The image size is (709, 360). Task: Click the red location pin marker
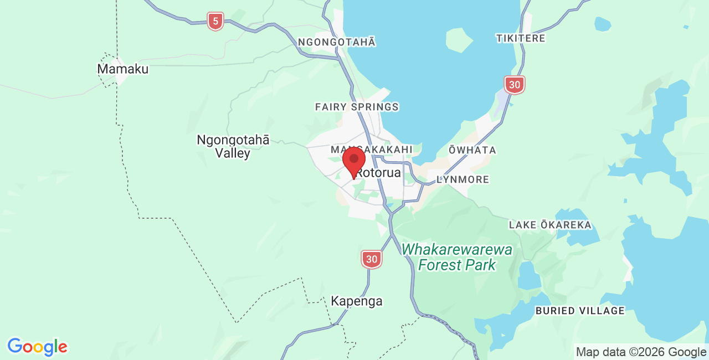354,161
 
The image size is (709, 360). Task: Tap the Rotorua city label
379,173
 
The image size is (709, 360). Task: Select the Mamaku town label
123,69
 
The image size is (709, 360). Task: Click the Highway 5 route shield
215,22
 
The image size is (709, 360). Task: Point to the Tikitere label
521,38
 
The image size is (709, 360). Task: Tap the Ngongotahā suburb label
337,42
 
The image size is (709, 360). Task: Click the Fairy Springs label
357,107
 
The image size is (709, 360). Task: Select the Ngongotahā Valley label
233,147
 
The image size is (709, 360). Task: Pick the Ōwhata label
472,150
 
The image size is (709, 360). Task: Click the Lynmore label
463,179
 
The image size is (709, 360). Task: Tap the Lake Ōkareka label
550,225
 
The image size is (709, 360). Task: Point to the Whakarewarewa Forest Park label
457,257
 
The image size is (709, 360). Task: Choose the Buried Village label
580,311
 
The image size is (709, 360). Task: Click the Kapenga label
357,301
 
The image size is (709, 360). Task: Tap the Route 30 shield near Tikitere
515,85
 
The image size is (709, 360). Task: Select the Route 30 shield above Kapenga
372,259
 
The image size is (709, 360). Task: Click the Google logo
37,347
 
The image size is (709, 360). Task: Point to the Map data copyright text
641,352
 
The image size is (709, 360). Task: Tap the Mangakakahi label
371,150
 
